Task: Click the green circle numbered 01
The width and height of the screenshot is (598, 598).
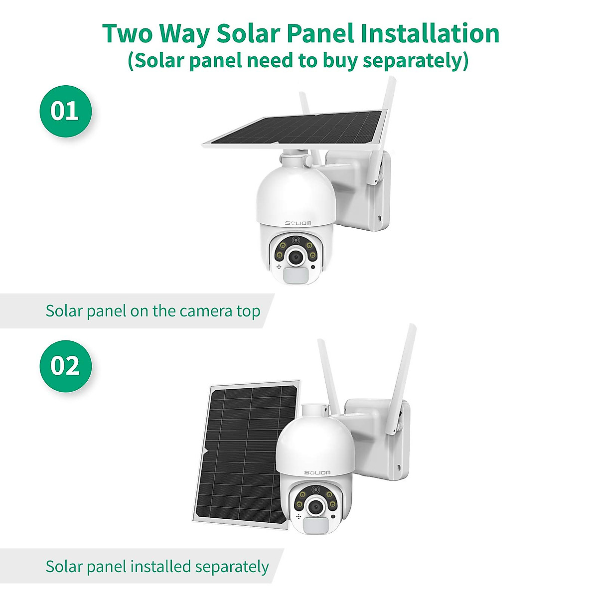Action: (x=65, y=111)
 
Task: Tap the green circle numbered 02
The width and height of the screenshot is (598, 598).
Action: (x=65, y=366)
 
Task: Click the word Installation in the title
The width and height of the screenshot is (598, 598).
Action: (x=430, y=34)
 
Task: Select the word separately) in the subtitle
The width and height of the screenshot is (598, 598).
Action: (x=416, y=61)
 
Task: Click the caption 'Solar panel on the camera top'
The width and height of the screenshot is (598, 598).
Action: (x=152, y=311)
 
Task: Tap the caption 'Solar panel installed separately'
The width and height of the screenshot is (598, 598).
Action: (x=157, y=567)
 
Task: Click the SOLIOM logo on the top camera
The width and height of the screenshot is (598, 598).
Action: (x=298, y=223)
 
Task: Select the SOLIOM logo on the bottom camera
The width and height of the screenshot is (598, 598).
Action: (x=317, y=472)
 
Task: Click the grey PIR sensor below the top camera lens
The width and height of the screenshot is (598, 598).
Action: (x=296, y=276)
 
